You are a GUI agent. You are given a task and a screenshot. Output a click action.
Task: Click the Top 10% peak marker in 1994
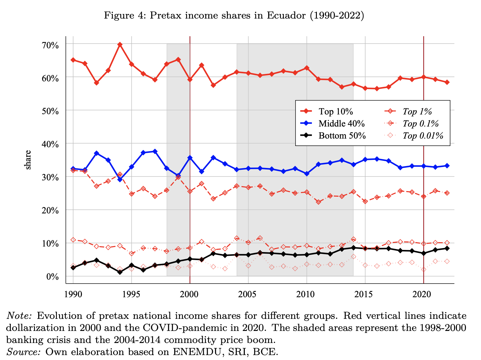coord(120,45)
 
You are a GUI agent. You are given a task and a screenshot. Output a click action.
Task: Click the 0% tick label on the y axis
coord(53,276)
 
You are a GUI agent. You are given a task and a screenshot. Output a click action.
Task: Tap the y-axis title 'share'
coord(28,160)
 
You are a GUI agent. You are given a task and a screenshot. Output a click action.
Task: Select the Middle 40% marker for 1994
coord(120,179)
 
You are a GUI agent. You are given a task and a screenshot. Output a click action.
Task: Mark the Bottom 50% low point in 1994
coord(120,272)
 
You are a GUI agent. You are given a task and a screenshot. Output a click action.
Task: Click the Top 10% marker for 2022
coord(447,82)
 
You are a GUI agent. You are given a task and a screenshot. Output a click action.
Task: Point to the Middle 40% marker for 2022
coord(447,166)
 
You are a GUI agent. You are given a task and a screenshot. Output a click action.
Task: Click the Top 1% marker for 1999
coord(178,177)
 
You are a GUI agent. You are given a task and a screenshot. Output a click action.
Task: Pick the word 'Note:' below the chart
coord(19,316)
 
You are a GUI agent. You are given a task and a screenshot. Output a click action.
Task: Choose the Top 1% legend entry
coord(417,112)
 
